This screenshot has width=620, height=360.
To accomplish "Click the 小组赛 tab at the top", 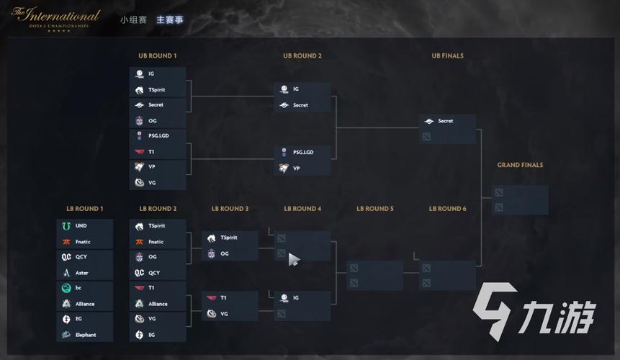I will (133, 19).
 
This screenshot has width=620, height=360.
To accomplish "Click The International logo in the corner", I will (55, 17).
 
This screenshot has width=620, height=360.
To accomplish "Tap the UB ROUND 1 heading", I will (157, 55).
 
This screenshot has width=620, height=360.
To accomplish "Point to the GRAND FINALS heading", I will (520, 165).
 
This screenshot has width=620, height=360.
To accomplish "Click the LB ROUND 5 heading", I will (375, 209).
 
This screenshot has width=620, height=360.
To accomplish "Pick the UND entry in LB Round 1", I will (81, 226).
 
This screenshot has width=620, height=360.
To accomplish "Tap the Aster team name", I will (82, 273).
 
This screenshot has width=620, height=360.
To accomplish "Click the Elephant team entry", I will (86, 335).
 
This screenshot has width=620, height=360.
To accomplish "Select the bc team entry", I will (78, 288).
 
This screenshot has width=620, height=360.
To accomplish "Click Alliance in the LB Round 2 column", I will (158, 304).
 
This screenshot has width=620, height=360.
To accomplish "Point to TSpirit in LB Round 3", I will (229, 238).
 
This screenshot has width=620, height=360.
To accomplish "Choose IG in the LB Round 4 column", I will (295, 297).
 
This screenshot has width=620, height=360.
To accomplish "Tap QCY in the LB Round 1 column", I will (82, 257).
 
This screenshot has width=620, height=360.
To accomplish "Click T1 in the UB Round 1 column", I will (152, 152).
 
